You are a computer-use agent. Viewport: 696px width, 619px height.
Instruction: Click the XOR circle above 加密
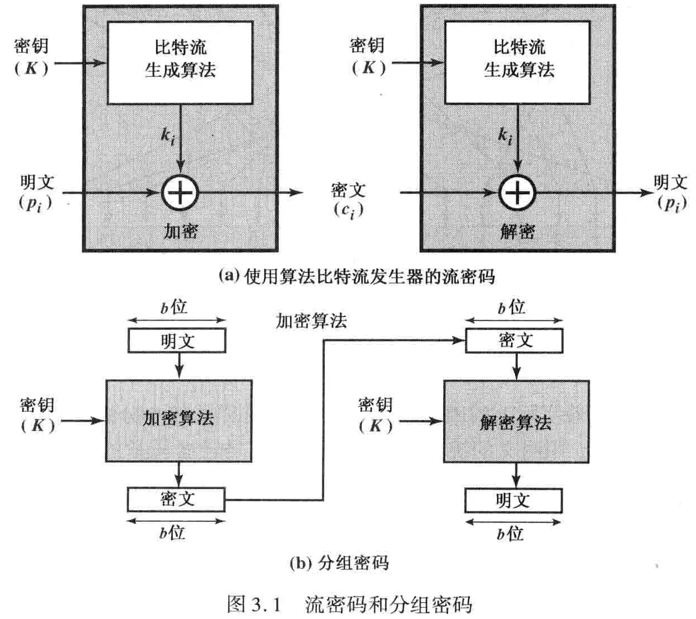coord(180,192)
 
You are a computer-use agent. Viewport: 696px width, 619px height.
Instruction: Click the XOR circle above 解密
coord(517,192)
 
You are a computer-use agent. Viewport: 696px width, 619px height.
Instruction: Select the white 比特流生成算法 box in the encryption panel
coord(180,62)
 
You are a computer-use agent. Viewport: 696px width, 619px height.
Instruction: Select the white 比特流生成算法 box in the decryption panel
coord(517,62)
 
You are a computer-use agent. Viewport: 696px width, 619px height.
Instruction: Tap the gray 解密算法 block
coord(516,421)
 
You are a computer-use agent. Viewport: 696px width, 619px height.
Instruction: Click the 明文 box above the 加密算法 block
coord(177,341)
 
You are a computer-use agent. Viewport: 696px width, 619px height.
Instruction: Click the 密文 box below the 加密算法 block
coord(176,499)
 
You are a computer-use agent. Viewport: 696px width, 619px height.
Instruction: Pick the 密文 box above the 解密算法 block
coord(514,341)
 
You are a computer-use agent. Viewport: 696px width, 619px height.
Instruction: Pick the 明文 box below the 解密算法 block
coord(513,500)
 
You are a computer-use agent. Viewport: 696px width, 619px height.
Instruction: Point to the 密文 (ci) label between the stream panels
coord(348,200)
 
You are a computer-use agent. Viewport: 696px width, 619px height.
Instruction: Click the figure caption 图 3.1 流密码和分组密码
coord(349,604)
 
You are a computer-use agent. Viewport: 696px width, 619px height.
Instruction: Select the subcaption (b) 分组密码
coord(339,563)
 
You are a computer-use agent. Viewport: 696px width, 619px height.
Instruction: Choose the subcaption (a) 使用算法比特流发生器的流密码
coord(356,276)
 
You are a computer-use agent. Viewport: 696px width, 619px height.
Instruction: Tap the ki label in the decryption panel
coord(505,136)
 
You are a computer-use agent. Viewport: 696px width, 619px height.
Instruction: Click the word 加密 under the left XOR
coord(181,231)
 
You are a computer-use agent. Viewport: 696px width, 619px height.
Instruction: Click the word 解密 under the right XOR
coord(517,231)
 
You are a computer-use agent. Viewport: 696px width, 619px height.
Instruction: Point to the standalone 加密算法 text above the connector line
coord(311,321)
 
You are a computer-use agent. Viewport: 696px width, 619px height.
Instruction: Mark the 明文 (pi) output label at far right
coord(671,192)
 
